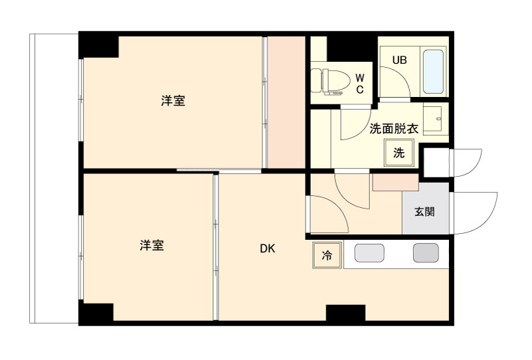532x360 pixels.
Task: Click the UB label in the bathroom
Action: pyautogui.click(x=399, y=60)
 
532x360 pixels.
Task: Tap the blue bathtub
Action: pyautogui.click(x=433, y=72)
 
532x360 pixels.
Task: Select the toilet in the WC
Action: pyautogui.click(x=331, y=81)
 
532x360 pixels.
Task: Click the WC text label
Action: pyautogui.click(x=360, y=84)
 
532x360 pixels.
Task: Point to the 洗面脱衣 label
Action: pyautogui.click(x=394, y=129)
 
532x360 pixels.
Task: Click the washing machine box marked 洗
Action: pyautogui.click(x=399, y=153)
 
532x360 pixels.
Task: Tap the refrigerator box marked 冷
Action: pyautogui.click(x=327, y=255)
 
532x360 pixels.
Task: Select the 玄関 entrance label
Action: pyautogui.click(x=424, y=212)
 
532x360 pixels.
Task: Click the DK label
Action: pyautogui.click(x=268, y=248)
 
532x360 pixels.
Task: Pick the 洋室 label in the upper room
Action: pyautogui.click(x=173, y=101)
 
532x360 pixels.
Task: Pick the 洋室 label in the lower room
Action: pyautogui.click(x=151, y=245)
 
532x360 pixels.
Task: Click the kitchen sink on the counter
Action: pyautogui.click(x=369, y=253)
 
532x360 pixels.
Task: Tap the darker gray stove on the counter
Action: pyautogui.click(x=426, y=253)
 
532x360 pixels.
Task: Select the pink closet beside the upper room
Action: pyautogui.click(x=286, y=102)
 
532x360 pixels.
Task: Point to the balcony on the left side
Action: pyautogui.click(x=54, y=178)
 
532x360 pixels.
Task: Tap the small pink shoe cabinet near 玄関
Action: pyautogui.click(x=396, y=183)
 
